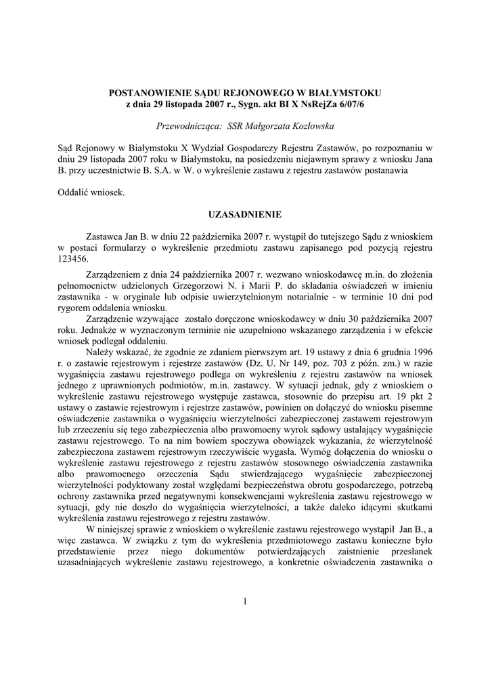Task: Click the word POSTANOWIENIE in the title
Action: click(x=146, y=91)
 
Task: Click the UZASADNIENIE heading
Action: click(x=245, y=214)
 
